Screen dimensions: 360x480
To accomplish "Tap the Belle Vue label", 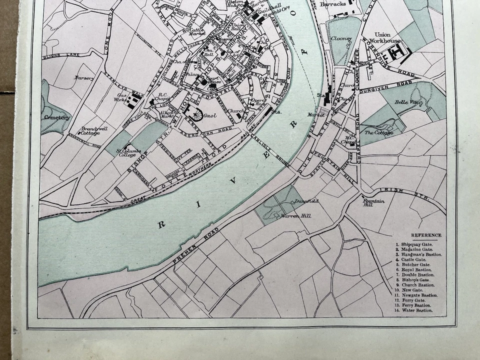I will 406,102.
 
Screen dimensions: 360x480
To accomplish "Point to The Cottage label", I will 378,132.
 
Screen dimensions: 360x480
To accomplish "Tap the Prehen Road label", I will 191,246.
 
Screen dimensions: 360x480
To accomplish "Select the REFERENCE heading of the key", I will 426,235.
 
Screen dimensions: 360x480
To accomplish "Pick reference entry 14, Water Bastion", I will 415,310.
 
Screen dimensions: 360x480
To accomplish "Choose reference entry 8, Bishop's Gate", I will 415,280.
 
